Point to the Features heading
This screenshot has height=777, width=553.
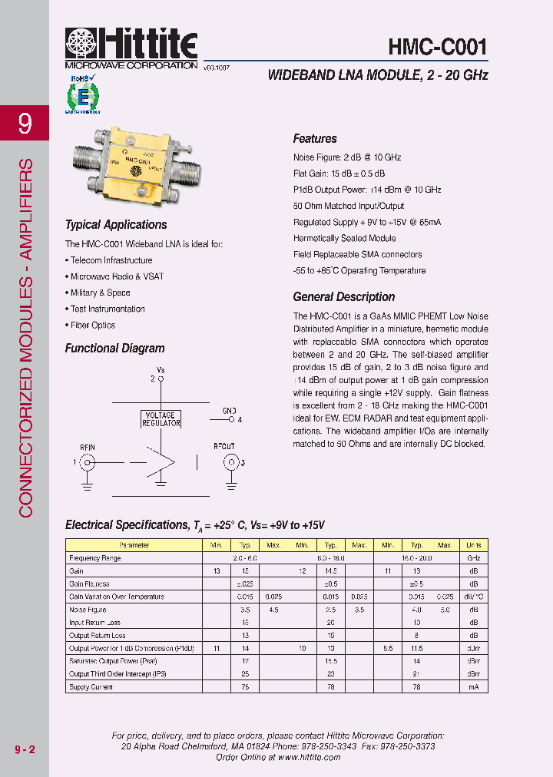pos(315,139)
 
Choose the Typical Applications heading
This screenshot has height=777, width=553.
pos(116,225)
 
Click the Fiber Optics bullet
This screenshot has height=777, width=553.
pos(92,325)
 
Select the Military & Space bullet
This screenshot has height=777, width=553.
pos(100,293)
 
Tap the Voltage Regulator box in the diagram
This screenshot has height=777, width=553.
pos(160,419)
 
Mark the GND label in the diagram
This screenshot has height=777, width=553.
pos(229,412)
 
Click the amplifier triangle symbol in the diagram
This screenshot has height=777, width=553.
pos(162,461)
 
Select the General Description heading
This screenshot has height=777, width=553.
pos(344,297)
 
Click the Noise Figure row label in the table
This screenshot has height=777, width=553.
pos(88,610)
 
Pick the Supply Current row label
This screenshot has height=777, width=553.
pos(91,687)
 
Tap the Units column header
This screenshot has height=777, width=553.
pos(474,545)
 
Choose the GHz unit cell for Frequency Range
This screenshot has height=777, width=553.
pos(474,558)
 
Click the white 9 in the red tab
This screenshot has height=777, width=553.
pos(25,123)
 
